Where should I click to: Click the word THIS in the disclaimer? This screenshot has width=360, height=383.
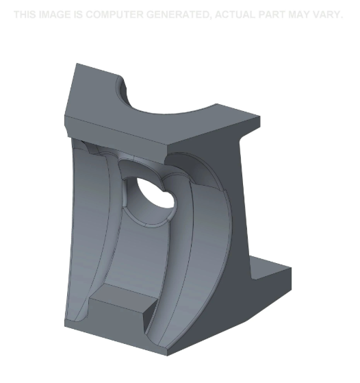(x=27, y=14)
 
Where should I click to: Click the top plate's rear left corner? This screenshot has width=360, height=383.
(x=76, y=64)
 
